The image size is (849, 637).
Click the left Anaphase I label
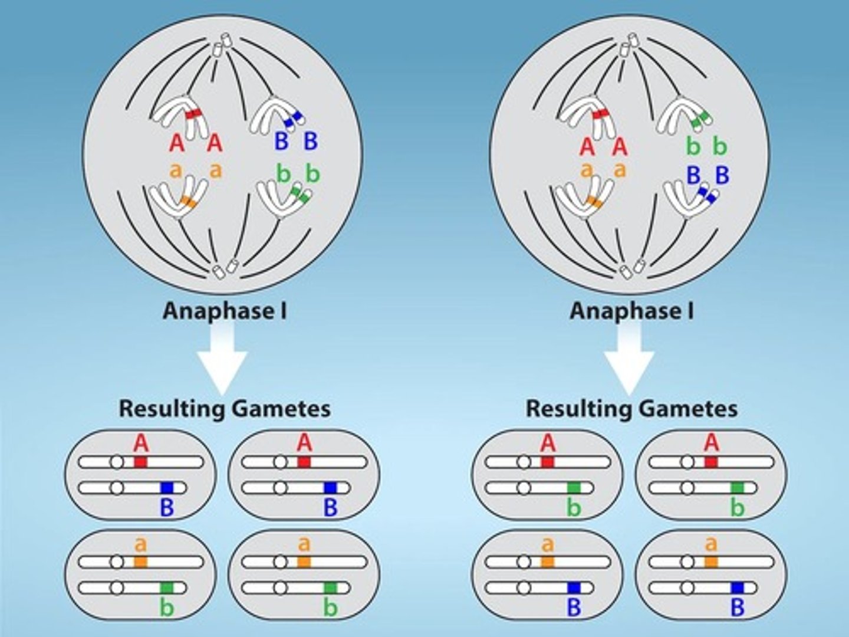pos(225,311)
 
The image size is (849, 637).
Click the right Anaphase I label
pos(631,311)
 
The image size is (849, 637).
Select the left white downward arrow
pos(222,360)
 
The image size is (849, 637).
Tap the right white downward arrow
pos(629,360)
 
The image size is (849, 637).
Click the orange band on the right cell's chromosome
pos(594,203)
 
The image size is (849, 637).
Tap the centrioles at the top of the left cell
pos(222,45)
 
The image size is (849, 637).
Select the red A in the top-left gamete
pos(140,443)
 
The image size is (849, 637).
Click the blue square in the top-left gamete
pos(167,488)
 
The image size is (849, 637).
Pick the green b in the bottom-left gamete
pos(167,607)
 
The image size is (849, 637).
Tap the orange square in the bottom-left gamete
pos(140,562)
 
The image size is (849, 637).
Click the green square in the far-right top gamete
pos(737,488)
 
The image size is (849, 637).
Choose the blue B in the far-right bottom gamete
pos(737,607)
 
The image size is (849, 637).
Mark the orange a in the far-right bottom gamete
pos(712,543)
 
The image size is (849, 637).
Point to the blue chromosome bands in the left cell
pos(292,119)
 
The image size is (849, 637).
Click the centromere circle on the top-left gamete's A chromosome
pos(117,462)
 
